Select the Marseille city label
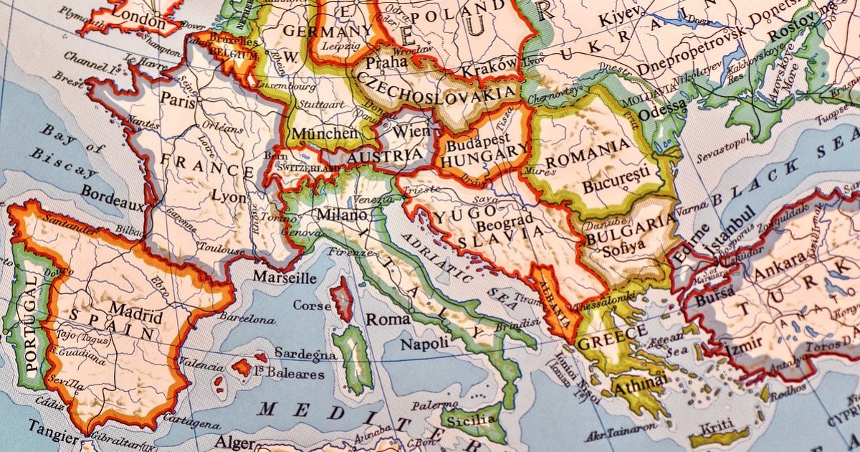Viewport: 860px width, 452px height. point(285,278)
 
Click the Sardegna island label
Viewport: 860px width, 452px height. point(305,355)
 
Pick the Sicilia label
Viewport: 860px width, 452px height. point(472,418)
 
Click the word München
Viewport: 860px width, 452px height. point(324,133)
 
